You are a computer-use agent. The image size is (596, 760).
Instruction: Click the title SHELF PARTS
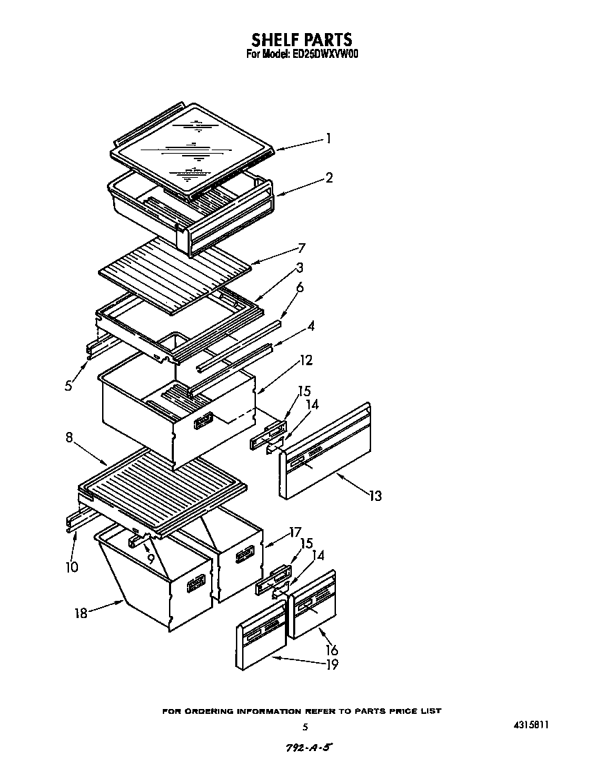pos(301,39)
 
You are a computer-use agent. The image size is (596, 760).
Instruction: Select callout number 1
pos(329,138)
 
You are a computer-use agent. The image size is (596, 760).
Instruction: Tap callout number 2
pos(329,178)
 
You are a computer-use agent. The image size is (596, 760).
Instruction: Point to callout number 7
pos(301,248)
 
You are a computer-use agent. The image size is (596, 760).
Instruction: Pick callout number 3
pos(299,267)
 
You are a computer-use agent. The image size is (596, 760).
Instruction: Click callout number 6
pos(299,288)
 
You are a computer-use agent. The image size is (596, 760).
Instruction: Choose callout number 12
pos(306,360)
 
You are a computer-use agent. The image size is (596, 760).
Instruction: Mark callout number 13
pos(375,495)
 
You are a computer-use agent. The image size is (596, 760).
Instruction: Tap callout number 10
pos(72,567)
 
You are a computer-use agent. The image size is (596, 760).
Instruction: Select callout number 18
pos(81,613)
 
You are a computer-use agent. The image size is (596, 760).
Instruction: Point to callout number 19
pos(332,664)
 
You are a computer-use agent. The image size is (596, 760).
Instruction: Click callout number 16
pos(332,650)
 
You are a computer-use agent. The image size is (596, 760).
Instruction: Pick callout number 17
pos(295,532)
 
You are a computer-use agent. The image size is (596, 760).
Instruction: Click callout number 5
pos(68,386)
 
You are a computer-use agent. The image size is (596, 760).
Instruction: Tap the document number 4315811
pos(531,725)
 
